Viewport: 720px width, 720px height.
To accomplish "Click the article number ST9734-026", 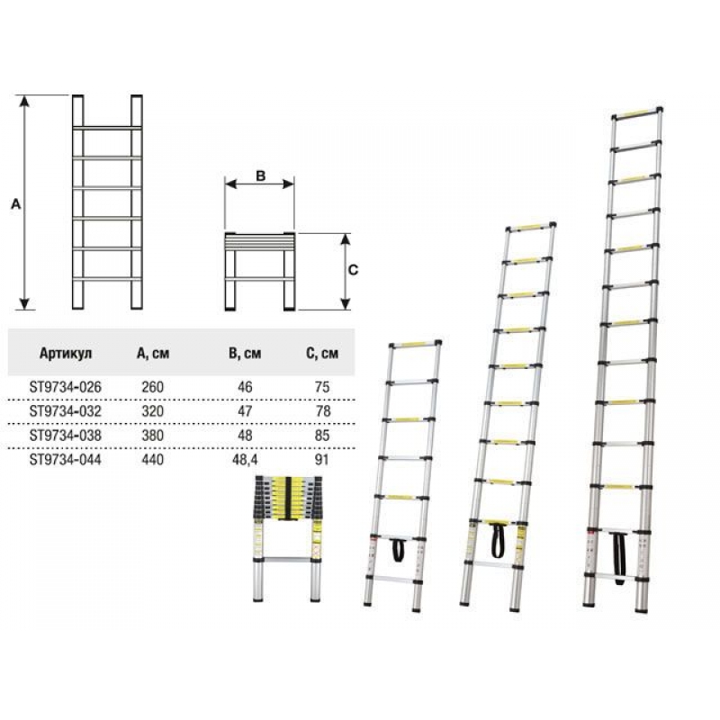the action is pyautogui.click(x=65, y=387).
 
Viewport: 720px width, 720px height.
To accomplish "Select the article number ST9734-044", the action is pyautogui.click(x=65, y=460).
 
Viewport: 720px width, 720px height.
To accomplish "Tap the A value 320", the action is pyautogui.click(x=152, y=411).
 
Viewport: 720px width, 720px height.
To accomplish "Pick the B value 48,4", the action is pyautogui.click(x=245, y=460).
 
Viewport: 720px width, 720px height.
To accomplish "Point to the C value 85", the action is pyautogui.click(x=322, y=436).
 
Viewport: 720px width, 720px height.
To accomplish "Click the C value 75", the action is pyautogui.click(x=322, y=387).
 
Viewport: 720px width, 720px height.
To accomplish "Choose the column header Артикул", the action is pyautogui.click(x=66, y=353).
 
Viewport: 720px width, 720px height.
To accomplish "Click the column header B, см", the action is pyautogui.click(x=245, y=353).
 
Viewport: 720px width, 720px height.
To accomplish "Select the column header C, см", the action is pyautogui.click(x=322, y=353).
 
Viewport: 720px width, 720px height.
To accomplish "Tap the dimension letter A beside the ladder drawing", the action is pyautogui.click(x=16, y=204).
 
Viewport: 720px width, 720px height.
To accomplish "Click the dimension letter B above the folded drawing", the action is pyautogui.click(x=260, y=175).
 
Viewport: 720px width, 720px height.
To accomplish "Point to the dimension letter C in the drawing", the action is pyautogui.click(x=353, y=270).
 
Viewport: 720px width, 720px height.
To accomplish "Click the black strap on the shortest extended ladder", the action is pyautogui.click(x=398, y=550).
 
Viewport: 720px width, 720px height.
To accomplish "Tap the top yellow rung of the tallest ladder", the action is pyautogui.click(x=637, y=112).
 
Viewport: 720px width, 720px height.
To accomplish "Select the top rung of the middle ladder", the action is pyautogui.click(x=531, y=227).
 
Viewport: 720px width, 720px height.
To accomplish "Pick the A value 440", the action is pyautogui.click(x=152, y=460).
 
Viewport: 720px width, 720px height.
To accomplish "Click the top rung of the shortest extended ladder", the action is pyautogui.click(x=415, y=344).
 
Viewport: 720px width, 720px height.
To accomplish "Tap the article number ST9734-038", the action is pyautogui.click(x=65, y=436).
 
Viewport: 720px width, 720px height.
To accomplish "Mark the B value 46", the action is pyautogui.click(x=245, y=387).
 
